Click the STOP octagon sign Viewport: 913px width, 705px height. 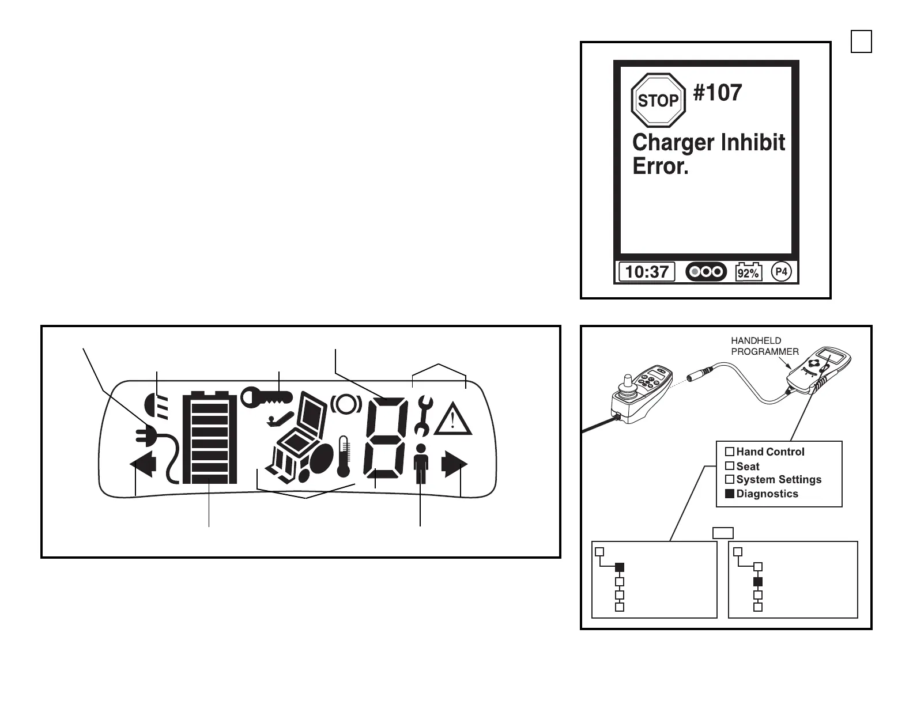[x=658, y=100]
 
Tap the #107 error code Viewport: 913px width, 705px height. [x=718, y=92]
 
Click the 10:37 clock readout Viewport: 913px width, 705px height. [x=647, y=271]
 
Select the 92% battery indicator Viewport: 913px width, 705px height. [x=749, y=272]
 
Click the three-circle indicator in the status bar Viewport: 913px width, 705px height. [x=706, y=271]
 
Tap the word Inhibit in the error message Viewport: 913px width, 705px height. [x=749, y=142]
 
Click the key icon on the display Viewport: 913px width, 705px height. [x=266, y=397]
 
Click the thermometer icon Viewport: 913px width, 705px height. [x=344, y=457]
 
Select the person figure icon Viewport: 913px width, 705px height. [x=421, y=464]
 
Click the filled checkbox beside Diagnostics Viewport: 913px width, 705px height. [x=730, y=494]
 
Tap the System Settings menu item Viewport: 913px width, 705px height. [x=778, y=479]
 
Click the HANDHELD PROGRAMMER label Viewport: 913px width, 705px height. [x=764, y=346]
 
